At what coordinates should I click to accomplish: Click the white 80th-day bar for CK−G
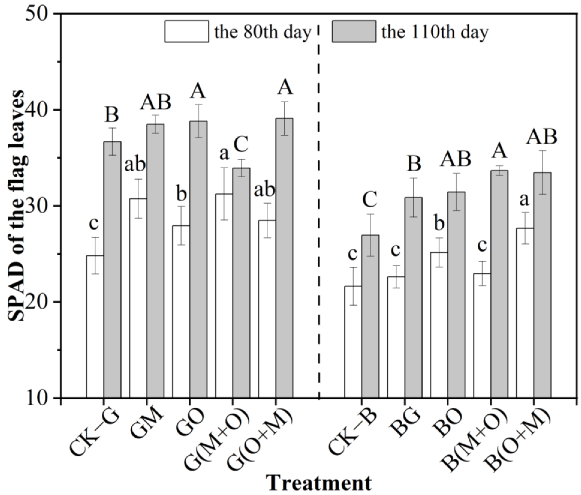point(95,327)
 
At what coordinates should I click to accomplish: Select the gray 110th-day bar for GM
point(155,261)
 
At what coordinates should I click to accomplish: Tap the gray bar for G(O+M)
point(284,258)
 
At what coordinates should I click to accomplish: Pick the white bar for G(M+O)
point(224,296)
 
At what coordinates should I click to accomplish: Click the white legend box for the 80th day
point(187,31)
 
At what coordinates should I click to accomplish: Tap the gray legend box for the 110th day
point(354,31)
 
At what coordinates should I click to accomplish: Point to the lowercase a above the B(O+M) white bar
point(524,200)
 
